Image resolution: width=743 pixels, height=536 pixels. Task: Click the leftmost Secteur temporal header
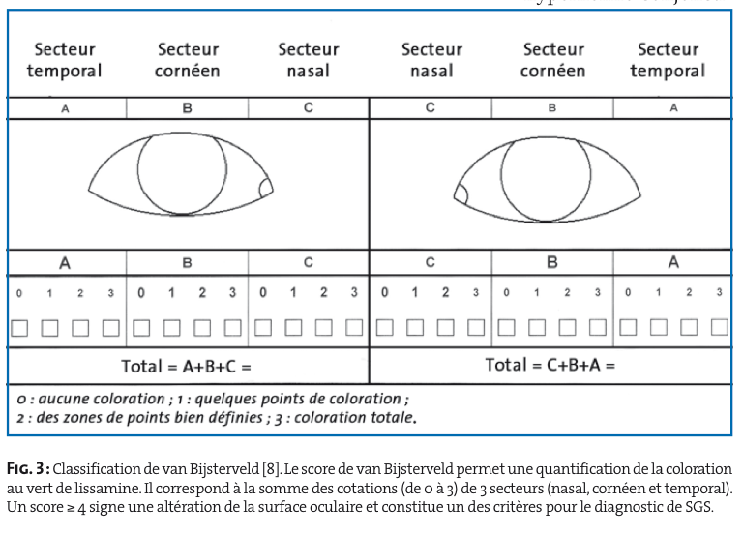(65, 60)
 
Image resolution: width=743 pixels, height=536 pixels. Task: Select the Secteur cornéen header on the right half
(553, 60)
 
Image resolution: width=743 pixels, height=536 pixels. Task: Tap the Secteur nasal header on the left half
(309, 60)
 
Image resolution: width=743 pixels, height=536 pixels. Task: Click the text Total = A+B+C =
(186, 367)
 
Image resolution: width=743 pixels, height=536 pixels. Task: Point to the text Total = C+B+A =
(550, 365)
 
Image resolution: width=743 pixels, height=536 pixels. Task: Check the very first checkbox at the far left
(19, 328)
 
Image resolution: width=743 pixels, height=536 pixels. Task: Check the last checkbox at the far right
(720, 327)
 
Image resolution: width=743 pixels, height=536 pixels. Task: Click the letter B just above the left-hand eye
(187, 108)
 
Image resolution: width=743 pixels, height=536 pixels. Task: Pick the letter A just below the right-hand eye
(673, 262)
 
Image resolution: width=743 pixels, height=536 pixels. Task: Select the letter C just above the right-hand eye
(430, 108)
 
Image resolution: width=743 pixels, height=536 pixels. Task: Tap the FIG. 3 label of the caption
(28, 469)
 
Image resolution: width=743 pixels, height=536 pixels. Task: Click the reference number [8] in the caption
(272, 469)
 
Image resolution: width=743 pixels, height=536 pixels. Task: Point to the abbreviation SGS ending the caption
(698, 507)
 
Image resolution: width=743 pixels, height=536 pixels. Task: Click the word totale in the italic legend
(391, 418)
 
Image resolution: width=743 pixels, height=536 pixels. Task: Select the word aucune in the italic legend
(59, 399)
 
